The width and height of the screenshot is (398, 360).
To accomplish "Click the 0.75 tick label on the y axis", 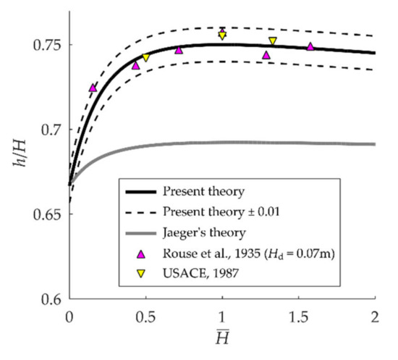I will (x=47, y=45).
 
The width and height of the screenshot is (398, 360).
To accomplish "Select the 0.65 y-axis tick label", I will (x=47, y=214).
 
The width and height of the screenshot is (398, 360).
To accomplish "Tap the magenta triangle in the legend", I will (x=141, y=253).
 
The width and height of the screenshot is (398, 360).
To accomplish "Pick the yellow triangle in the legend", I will (x=141, y=274).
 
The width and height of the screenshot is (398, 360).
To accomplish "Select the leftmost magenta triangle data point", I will (x=93, y=88).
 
